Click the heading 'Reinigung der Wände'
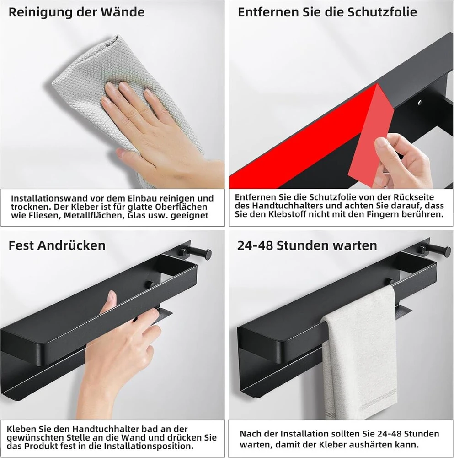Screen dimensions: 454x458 76,12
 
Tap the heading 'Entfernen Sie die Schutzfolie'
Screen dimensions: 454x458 327,12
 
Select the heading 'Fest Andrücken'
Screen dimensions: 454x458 57,245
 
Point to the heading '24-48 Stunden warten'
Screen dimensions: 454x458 307,245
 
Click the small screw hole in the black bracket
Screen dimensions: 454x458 420,103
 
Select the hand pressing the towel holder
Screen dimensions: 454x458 117,350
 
